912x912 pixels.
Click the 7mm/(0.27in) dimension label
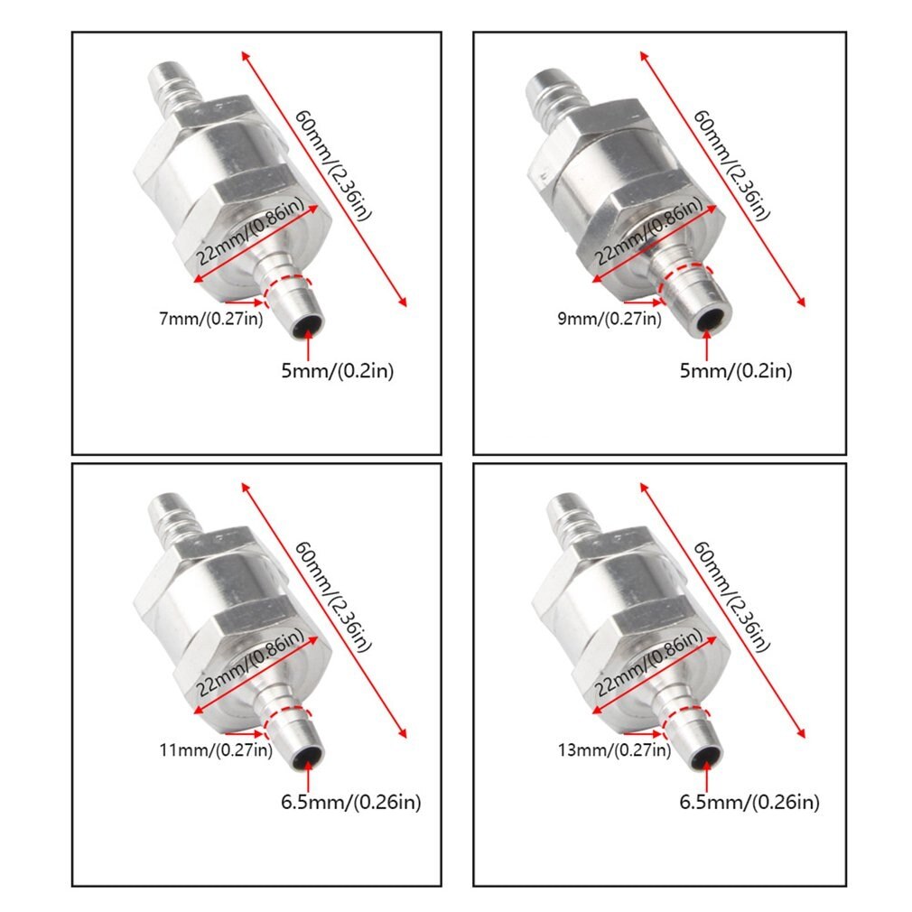pos(209,319)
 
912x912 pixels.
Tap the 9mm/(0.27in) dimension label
pos(607,318)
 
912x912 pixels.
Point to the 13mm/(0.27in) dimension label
pos(611,749)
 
